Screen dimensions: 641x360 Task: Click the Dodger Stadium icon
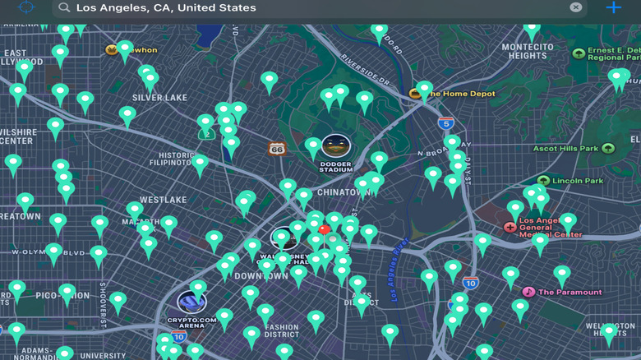335,146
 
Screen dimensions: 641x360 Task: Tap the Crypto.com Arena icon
191,302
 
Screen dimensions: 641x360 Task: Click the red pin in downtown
324,230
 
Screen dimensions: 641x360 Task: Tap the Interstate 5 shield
445,123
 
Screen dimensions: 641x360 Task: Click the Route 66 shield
276,149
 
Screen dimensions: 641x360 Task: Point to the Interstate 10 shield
470,283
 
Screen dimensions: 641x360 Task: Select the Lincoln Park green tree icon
543,181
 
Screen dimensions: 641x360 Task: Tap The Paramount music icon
528,292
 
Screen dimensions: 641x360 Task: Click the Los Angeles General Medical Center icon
510,226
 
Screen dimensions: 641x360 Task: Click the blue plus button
613,7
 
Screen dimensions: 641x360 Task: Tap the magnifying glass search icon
63,7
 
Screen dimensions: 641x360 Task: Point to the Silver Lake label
159,97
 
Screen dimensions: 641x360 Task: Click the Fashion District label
282,331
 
